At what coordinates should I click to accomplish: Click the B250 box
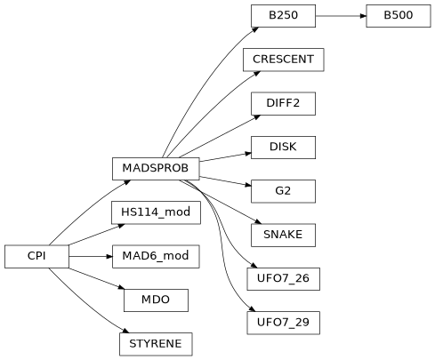283,16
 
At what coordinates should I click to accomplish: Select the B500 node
398,16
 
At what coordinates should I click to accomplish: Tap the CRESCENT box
283,60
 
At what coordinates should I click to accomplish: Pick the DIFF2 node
283,103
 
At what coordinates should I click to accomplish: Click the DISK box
283,147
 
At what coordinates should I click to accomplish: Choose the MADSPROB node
156,168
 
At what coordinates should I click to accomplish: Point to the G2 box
283,190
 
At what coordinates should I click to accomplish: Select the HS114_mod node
156,212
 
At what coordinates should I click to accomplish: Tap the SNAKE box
283,235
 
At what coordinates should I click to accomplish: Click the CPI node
36,256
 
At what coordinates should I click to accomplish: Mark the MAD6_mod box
156,256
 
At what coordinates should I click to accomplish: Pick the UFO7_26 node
283,278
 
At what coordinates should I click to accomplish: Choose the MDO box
156,300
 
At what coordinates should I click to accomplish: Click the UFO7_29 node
283,322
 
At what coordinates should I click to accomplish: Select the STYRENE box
156,343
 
